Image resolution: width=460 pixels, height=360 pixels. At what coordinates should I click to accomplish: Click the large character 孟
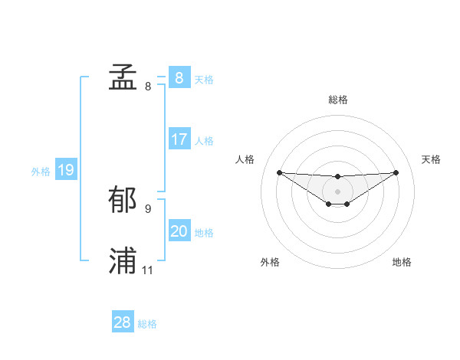[x=123, y=77]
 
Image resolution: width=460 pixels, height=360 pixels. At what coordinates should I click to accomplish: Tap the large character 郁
[x=123, y=200]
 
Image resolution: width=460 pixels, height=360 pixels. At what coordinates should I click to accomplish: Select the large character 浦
[x=123, y=261]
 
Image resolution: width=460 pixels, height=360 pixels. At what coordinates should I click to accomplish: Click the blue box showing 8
[x=179, y=77]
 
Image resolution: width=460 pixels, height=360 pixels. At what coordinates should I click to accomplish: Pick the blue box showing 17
[x=179, y=139]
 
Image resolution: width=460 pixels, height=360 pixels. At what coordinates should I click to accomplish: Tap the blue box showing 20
[x=179, y=231]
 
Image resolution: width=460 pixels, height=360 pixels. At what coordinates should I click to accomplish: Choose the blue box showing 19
[x=66, y=170]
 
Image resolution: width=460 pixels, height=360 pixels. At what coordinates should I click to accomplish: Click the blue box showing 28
[x=123, y=322]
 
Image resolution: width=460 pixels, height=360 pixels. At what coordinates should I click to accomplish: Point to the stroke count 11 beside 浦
[x=148, y=270]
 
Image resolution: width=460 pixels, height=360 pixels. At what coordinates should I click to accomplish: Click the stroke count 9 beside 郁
[x=148, y=208]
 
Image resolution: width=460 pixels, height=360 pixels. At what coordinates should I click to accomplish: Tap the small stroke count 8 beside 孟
[x=148, y=87]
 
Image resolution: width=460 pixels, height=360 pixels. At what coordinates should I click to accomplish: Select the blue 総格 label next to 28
[x=147, y=324]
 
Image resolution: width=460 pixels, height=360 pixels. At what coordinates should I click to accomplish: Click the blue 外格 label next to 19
[x=41, y=172]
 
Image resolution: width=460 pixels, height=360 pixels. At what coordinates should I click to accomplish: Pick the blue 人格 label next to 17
[x=204, y=141]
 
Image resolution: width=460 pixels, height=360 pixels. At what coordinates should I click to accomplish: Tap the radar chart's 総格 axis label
[x=337, y=100]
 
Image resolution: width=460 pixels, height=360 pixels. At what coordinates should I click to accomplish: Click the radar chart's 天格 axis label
[x=431, y=159]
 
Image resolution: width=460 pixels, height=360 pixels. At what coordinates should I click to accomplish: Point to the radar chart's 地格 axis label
[x=402, y=262]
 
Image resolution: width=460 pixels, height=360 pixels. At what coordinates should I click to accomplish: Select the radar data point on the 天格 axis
[x=396, y=172]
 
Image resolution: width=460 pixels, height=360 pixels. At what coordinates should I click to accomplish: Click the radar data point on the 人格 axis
[x=279, y=172]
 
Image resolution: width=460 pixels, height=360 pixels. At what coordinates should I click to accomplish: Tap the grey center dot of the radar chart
[x=337, y=191]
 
